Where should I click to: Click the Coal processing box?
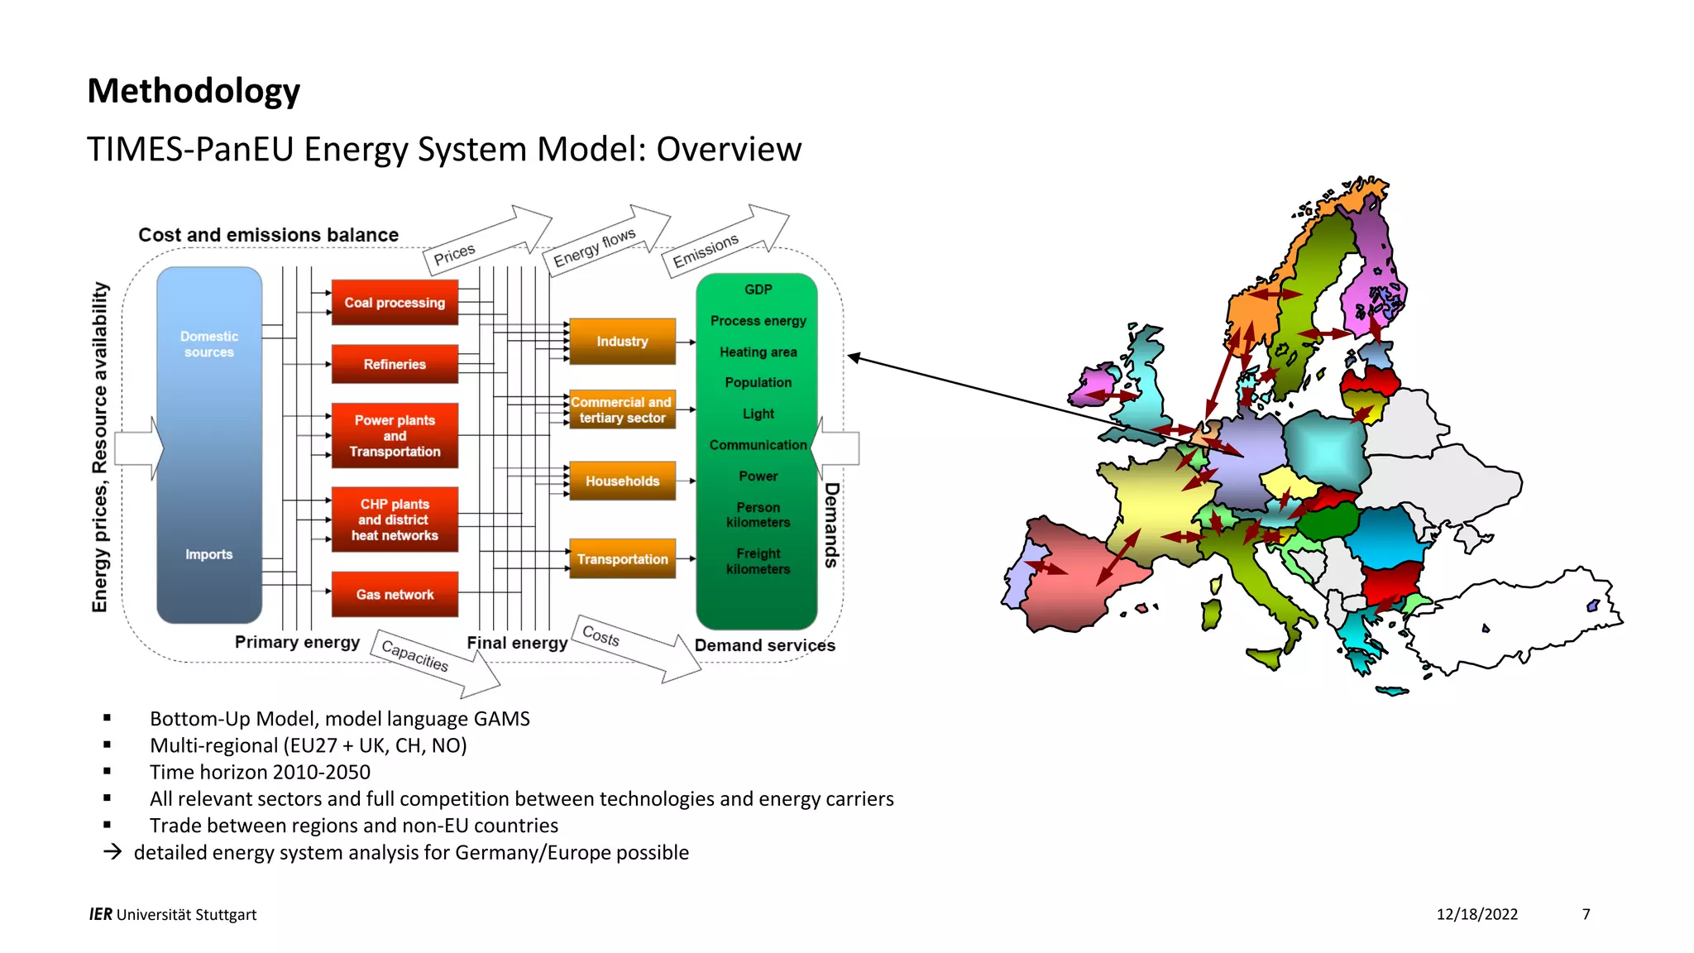395,303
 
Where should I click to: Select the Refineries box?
395,364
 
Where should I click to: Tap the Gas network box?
395,594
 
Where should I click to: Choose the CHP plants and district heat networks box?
395,520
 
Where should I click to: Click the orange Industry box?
622,341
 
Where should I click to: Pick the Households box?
622,481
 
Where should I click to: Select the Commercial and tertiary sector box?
622,409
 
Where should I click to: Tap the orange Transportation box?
622,559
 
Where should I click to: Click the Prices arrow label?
455,254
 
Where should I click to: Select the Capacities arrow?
415,655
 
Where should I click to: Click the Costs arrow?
601,636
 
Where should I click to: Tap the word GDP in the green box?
758,290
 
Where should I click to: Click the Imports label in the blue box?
208,554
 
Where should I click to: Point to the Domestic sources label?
208,344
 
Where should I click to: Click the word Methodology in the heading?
194,91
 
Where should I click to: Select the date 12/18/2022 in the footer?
1476,914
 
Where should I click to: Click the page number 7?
1586,914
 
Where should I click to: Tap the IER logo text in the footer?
100,914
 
